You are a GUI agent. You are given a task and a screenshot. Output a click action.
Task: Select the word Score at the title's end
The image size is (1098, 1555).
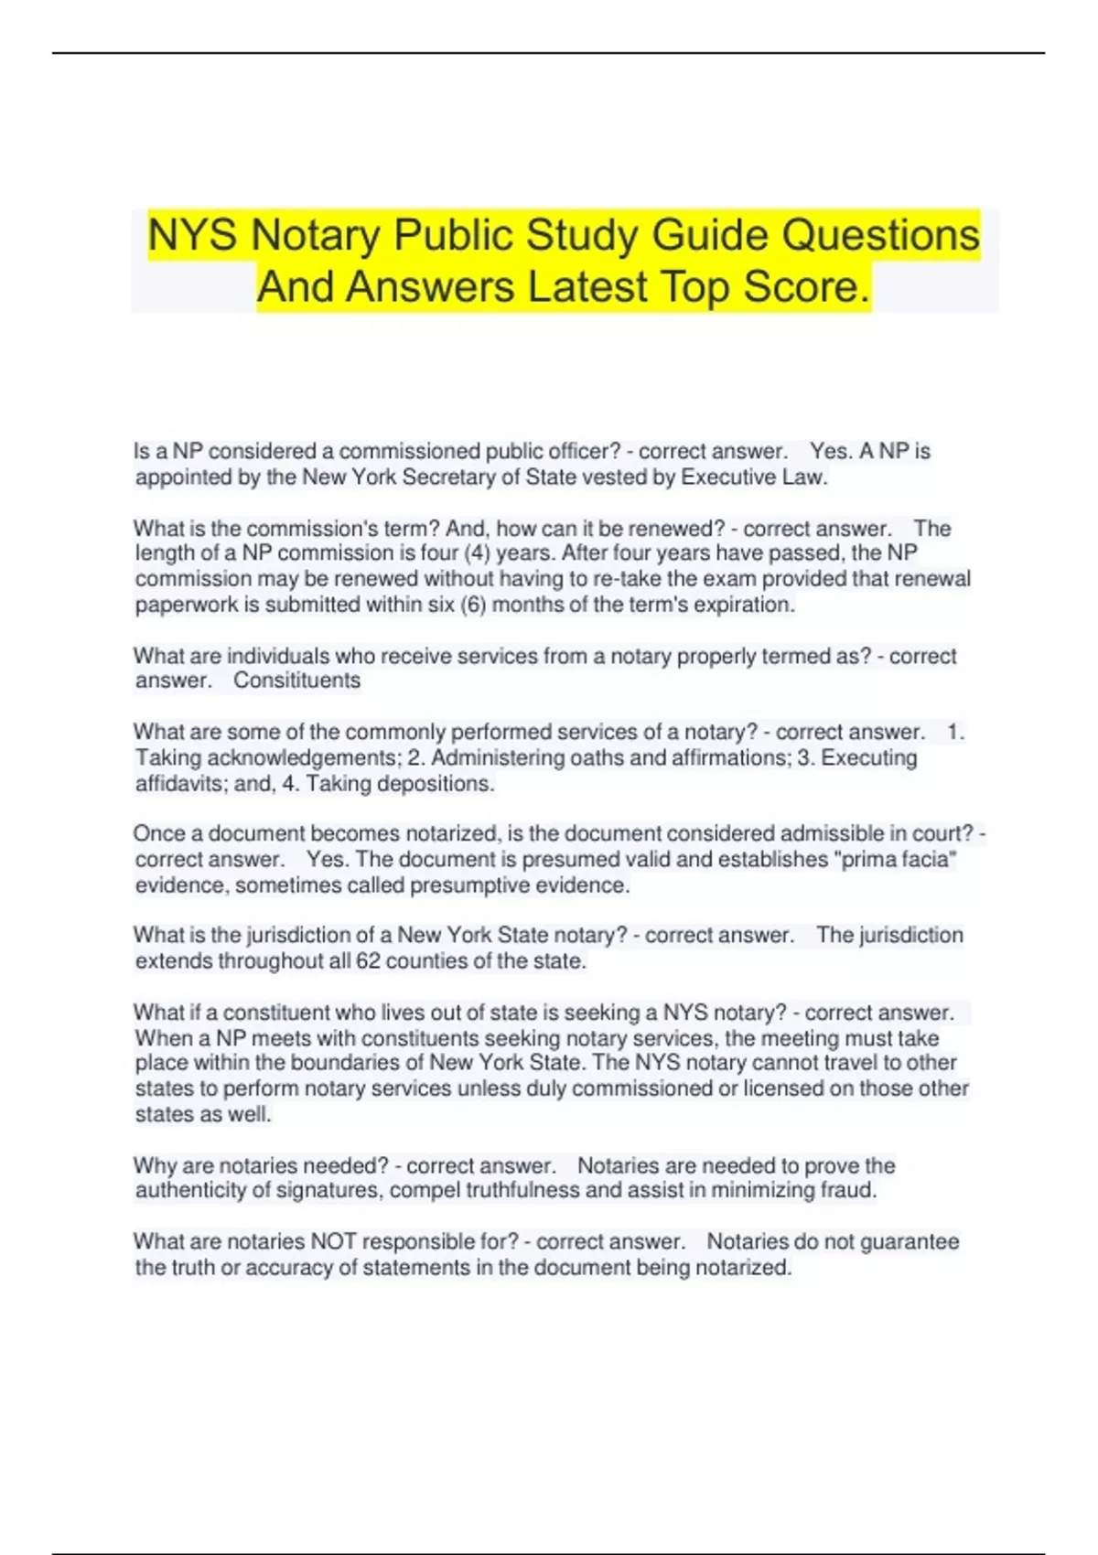804,287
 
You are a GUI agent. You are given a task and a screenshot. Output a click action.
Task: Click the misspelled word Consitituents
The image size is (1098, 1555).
296,681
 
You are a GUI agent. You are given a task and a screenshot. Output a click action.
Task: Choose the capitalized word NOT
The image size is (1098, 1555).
330,1242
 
